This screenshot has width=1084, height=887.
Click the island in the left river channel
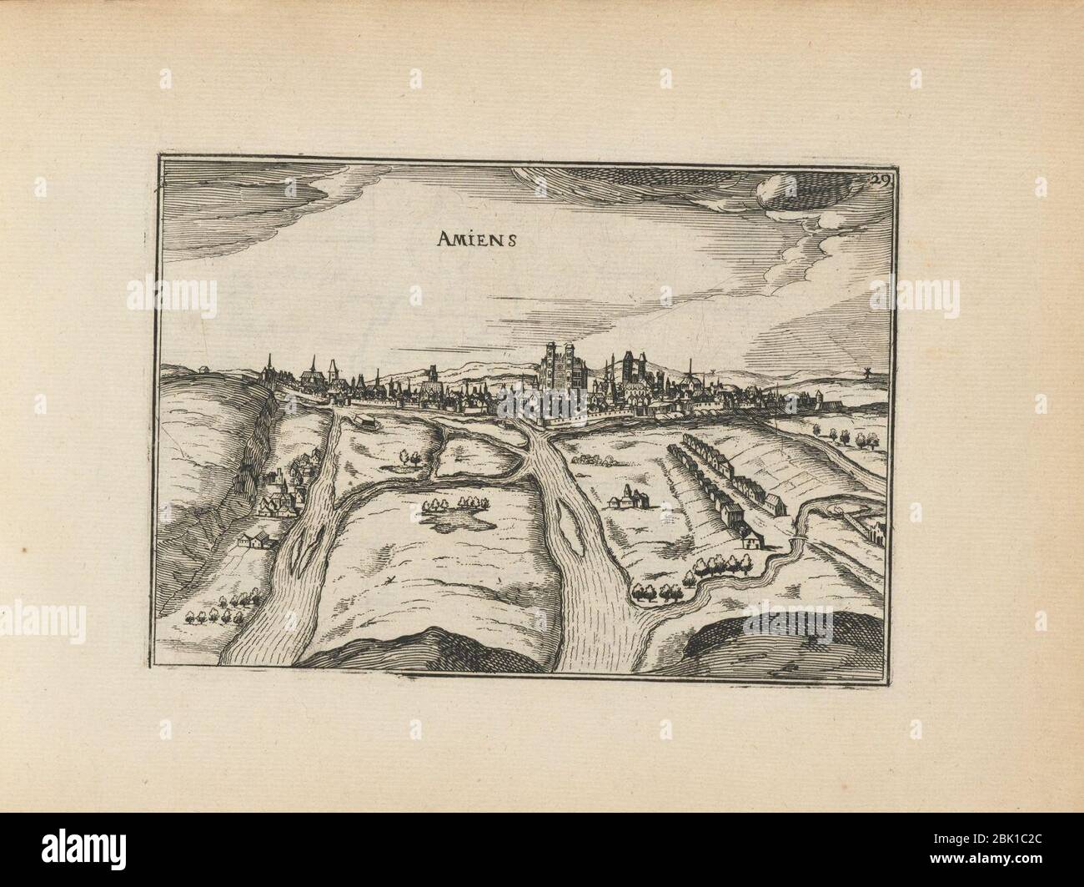coord(303,550)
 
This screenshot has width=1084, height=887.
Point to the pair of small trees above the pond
coord(410,456)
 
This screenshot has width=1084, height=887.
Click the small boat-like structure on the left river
coord(360,421)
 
